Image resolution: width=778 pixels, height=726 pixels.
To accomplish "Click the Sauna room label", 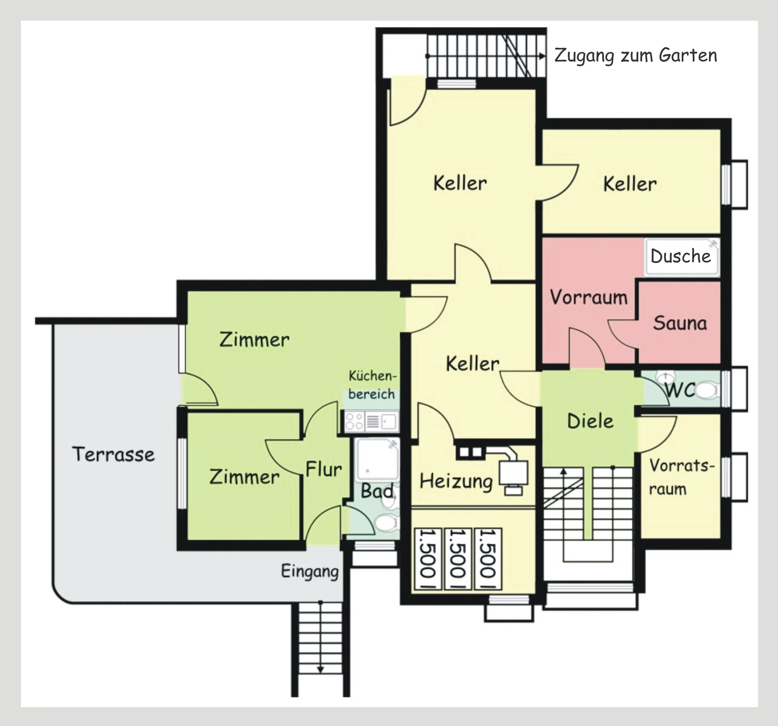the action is (680, 323).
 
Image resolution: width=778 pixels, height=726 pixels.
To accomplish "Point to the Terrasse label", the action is (113, 454).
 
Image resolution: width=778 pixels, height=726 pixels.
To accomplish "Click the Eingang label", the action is (310, 571).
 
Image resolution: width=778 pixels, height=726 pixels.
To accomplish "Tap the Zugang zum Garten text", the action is (635, 56).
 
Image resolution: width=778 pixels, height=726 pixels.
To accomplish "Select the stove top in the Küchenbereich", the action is (354, 421).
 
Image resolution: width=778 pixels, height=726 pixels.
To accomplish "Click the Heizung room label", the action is (456, 481).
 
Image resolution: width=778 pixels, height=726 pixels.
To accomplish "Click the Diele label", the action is (590, 421).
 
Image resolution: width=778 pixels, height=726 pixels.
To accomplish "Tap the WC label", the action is (680, 390).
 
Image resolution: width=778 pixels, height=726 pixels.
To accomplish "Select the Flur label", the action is (324, 469).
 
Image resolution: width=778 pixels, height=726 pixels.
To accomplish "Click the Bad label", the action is (377, 491).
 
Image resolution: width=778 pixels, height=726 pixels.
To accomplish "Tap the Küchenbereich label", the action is (372, 385).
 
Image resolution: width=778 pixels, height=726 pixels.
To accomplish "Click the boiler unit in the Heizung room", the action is (513, 474).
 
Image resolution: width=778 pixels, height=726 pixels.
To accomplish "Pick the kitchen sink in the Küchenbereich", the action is (389, 421).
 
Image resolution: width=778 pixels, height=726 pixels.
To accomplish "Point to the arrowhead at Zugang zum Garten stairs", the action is (542, 56).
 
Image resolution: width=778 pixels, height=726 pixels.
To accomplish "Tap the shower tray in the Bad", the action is (377, 460).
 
